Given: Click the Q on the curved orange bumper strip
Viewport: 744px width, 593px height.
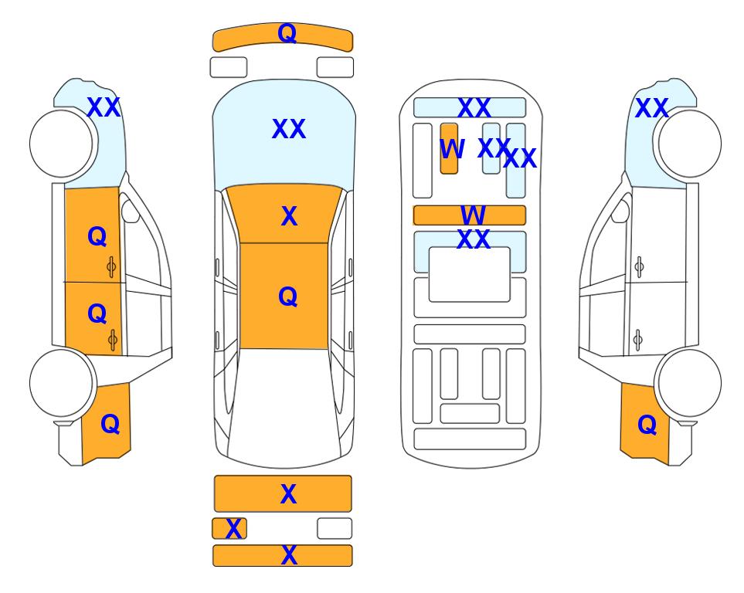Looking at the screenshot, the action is point(287,33).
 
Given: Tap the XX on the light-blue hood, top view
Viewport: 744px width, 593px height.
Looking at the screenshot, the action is point(288,129).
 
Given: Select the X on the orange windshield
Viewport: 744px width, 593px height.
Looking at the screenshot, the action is point(289,216).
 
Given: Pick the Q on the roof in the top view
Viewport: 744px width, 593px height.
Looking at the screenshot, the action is point(287,296).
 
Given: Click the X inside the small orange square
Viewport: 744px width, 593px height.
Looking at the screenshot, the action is point(233,529).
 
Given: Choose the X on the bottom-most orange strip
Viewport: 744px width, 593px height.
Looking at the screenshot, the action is point(289,555).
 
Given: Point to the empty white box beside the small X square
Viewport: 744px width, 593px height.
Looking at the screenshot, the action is point(335,528).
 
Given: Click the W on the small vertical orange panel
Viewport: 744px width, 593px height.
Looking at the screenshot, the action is point(452,149).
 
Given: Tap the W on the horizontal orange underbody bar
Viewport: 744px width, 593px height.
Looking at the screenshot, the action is point(473,215).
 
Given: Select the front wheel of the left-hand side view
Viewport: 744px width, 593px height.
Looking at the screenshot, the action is point(61,144).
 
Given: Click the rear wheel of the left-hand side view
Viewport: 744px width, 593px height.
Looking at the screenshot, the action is point(61,383).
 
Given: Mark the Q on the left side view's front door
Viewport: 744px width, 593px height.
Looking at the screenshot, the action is point(97,236).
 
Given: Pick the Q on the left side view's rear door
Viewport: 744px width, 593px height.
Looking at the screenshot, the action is point(97,313).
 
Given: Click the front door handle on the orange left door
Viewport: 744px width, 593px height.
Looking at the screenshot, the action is point(111,267).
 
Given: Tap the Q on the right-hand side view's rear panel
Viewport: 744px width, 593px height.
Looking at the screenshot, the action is point(647,425).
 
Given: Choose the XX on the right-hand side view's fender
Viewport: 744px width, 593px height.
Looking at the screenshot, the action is point(651,108).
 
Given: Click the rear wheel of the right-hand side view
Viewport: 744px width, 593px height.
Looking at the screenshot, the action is point(690,383).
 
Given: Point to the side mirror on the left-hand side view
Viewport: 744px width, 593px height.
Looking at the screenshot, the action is point(131,211).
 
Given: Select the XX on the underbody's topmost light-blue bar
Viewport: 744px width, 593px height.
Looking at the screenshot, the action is point(474,108).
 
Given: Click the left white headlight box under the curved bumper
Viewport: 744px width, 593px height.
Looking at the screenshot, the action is point(229,67).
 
